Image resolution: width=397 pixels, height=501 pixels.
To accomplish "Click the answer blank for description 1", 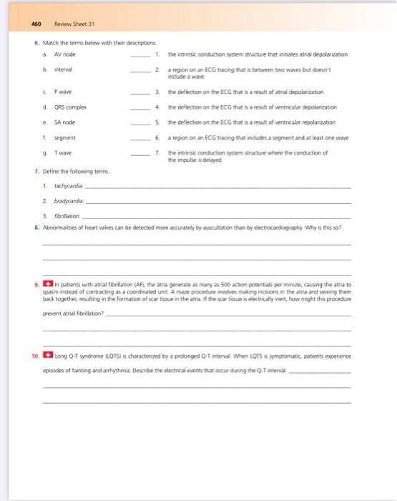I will click(x=141, y=56).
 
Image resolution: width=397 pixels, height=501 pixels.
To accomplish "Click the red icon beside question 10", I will click(x=46, y=354).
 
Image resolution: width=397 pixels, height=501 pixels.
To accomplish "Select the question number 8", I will click(x=35, y=225).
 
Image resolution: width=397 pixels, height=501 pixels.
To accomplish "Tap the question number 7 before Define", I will click(x=35, y=172).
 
